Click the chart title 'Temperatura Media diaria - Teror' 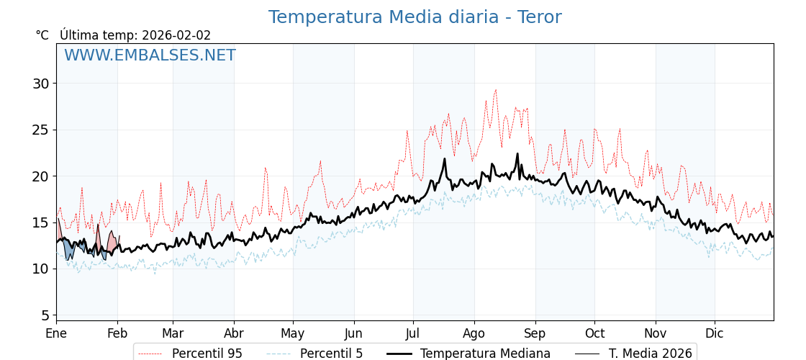[415, 17]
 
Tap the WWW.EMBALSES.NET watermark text [150, 55]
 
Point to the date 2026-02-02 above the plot [176, 35]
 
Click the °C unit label [42, 35]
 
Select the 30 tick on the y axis [40, 84]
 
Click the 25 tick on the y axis [40, 130]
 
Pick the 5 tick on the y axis [45, 315]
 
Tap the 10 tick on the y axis [40, 269]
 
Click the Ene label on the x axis [56, 333]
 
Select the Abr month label [234, 333]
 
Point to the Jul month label [413, 333]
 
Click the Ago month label [474, 333]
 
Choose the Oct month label [594, 333]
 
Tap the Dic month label [715, 333]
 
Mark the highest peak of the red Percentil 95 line [496, 90]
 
